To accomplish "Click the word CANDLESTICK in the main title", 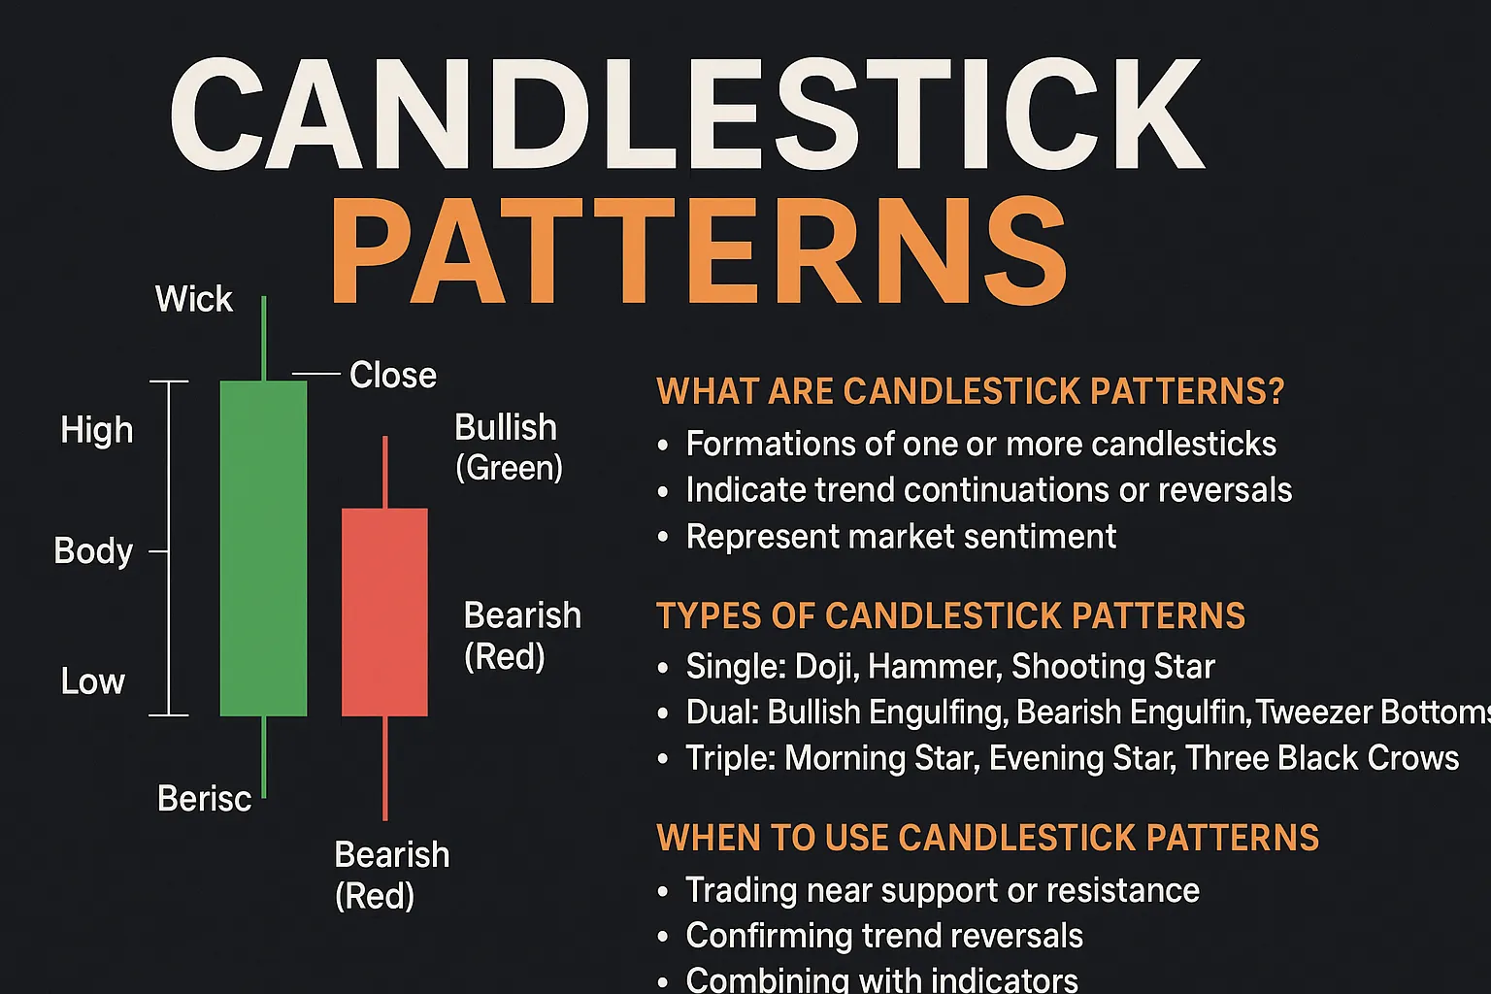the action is tap(687, 115).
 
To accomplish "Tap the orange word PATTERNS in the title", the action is tap(700, 251).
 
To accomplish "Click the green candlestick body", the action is tap(264, 548).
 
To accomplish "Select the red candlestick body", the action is tap(384, 613).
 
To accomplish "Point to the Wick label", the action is tap(194, 298).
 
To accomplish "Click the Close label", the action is tap(393, 375).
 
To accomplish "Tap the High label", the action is tap(96, 431).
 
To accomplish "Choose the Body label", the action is tap(93, 551).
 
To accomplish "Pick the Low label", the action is tap(92, 681).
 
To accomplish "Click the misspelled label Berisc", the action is tap(205, 798).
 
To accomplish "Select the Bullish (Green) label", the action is tap(509, 447).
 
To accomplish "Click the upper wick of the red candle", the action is tap(384, 472).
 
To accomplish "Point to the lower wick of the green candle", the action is tap(264, 757).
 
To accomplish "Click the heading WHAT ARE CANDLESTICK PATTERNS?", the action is tap(971, 391).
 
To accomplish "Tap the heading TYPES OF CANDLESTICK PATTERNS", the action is tap(950, 615).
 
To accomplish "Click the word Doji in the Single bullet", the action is tap(827, 667).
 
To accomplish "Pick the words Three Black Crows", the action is tap(1322, 758).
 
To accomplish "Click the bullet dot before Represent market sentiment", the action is tap(662, 537).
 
